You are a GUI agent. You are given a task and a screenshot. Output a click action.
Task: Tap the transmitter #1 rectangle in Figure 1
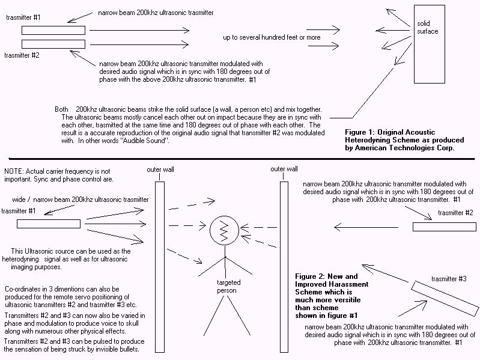(53, 30)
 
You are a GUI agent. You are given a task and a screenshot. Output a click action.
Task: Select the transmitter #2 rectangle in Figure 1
(53, 43)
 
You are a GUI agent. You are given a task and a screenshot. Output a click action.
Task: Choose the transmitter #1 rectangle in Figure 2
(49, 224)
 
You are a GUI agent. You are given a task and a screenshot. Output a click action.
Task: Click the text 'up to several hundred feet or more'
(272, 37)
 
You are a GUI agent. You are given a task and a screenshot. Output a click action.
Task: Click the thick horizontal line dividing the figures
(240, 159)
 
